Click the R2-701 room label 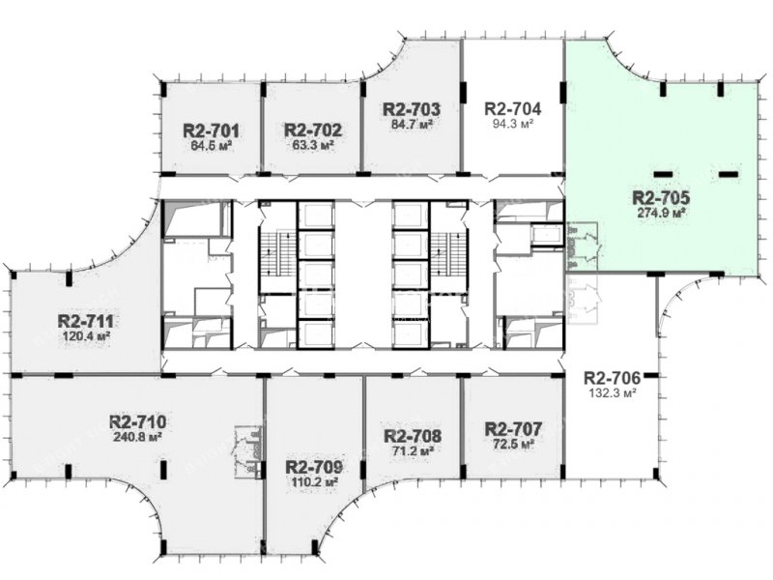pyautogui.click(x=211, y=131)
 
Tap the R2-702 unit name pyautogui.click(x=312, y=130)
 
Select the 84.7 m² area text pyautogui.click(x=412, y=125)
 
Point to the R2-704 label pyautogui.click(x=513, y=108)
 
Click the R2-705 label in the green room pyautogui.click(x=661, y=198)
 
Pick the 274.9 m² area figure pyautogui.click(x=661, y=214)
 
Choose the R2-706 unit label pyautogui.click(x=612, y=378)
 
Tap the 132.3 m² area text pyautogui.click(x=612, y=393)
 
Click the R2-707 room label pyautogui.click(x=513, y=428)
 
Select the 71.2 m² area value pyautogui.click(x=413, y=451)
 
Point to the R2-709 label pyautogui.click(x=314, y=467)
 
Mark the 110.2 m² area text pyautogui.click(x=314, y=481)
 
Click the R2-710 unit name pyautogui.click(x=137, y=422)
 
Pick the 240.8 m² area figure pyautogui.click(x=137, y=438)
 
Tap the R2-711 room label pyautogui.click(x=86, y=322)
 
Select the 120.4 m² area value pyautogui.click(x=86, y=336)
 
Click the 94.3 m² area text pyautogui.click(x=513, y=124)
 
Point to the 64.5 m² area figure pyautogui.click(x=211, y=147)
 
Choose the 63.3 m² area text pyautogui.click(x=312, y=146)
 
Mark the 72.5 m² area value pyautogui.click(x=513, y=444)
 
